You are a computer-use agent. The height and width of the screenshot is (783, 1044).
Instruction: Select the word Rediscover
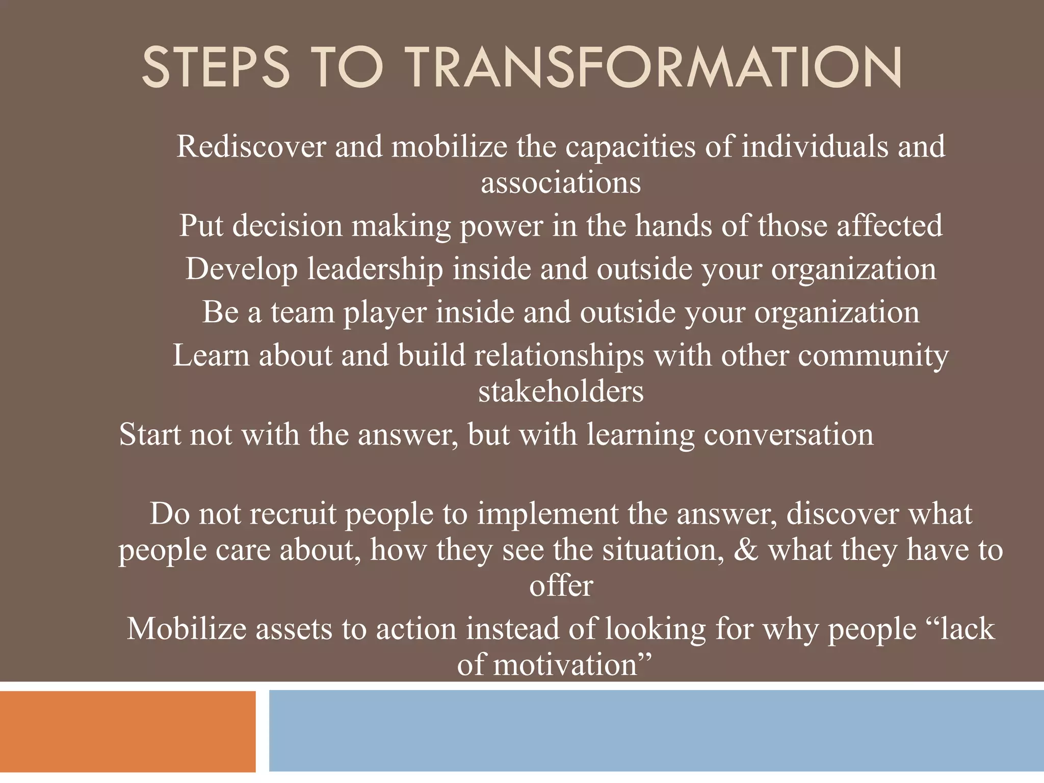point(251,146)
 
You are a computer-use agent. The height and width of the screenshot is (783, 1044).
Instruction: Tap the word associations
point(561,183)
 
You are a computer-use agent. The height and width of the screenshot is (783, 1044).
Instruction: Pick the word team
point(302,312)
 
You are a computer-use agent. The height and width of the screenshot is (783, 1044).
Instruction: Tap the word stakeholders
point(561,392)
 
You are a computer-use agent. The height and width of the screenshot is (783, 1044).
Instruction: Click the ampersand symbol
point(746,551)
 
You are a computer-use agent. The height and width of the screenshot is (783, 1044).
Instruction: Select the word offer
point(561,586)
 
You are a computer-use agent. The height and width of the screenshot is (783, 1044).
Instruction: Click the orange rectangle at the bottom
point(127,732)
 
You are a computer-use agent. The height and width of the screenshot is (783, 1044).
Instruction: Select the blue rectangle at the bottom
point(656,730)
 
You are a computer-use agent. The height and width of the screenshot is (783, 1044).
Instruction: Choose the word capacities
point(630,147)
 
